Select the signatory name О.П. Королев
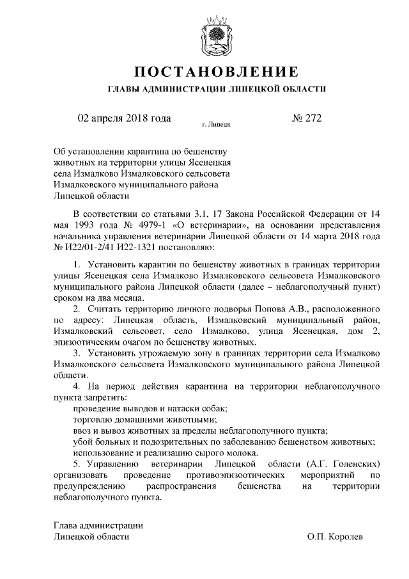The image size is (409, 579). pos(335,537)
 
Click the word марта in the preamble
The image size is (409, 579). pos(328,235)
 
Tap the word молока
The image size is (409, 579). pos(245,452)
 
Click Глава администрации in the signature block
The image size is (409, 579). pos(98,526)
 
